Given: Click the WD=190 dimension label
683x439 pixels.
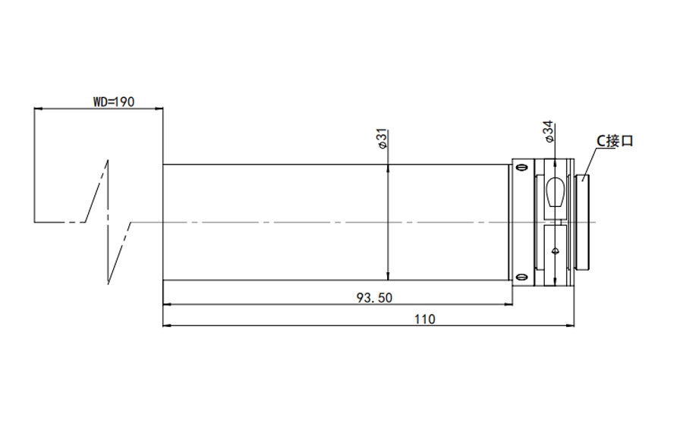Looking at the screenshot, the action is pyautogui.click(x=114, y=102).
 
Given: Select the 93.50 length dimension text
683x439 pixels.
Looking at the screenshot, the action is pyautogui.click(x=374, y=298).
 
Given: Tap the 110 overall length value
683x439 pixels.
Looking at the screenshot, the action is pyautogui.click(x=424, y=319).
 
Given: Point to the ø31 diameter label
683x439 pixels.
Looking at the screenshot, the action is pyautogui.click(x=382, y=139).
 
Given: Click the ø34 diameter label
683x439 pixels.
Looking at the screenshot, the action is pyautogui.click(x=549, y=131).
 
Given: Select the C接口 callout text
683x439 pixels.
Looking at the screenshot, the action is pyautogui.click(x=614, y=141).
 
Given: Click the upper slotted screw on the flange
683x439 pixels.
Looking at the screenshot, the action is pyautogui.click(x=521, y=168).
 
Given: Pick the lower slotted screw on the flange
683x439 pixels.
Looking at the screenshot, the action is pyautogui.click(x=521, y=277).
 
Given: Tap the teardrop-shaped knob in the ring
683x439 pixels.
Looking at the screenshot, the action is pyautogui.click(x=555, y=192).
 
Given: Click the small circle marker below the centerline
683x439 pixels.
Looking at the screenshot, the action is pyautogui.click(x=555, y=251).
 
